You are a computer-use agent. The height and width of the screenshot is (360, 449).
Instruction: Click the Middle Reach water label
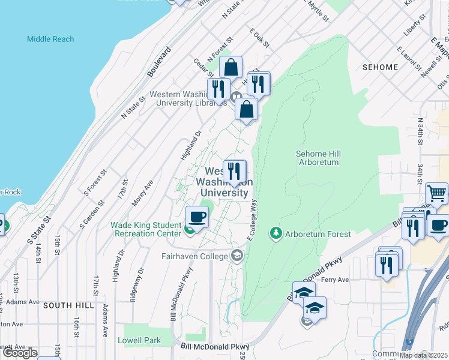point(50,39)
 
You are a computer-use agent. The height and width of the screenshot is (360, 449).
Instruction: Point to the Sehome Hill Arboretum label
point(318,158)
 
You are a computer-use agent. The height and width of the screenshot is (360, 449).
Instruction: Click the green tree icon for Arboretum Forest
point(276,233)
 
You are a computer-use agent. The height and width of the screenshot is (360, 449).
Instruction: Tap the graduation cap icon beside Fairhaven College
point(237,256)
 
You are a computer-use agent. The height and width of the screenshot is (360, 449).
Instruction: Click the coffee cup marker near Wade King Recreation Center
point(197,217)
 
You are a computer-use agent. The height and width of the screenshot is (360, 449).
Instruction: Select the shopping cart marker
point(436,193)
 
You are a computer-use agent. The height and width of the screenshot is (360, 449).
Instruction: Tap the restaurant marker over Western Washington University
point(234,171)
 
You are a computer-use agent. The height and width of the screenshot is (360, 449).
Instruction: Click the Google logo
point(20,353)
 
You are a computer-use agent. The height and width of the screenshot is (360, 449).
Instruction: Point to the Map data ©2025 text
point(423,355)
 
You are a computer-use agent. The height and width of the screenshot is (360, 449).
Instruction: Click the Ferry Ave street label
point(352,280)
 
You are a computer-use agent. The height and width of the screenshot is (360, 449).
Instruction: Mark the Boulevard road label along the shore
point(160,61)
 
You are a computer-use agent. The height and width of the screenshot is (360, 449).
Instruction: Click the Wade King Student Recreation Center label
point(146,229)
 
